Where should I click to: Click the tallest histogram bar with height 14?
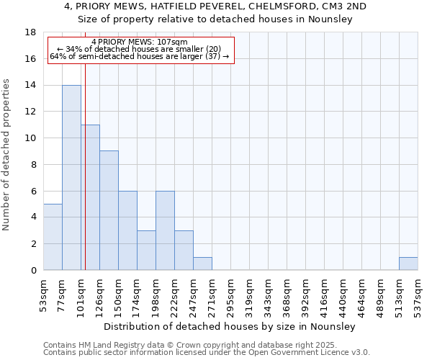click(71, 177)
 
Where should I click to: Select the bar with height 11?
click(90, 197)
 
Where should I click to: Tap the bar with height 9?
click(109, 210)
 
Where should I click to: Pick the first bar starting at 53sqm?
click(53, 237)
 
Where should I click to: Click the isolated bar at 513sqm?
click(408, 264)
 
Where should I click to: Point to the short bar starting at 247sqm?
click(202, 264)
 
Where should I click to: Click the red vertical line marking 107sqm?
click(85, 166)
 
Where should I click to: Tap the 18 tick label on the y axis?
click(30, 32)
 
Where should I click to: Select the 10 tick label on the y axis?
click(30, 138)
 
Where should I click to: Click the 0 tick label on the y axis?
click(33, 270)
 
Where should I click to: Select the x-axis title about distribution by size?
click(231, 326)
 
